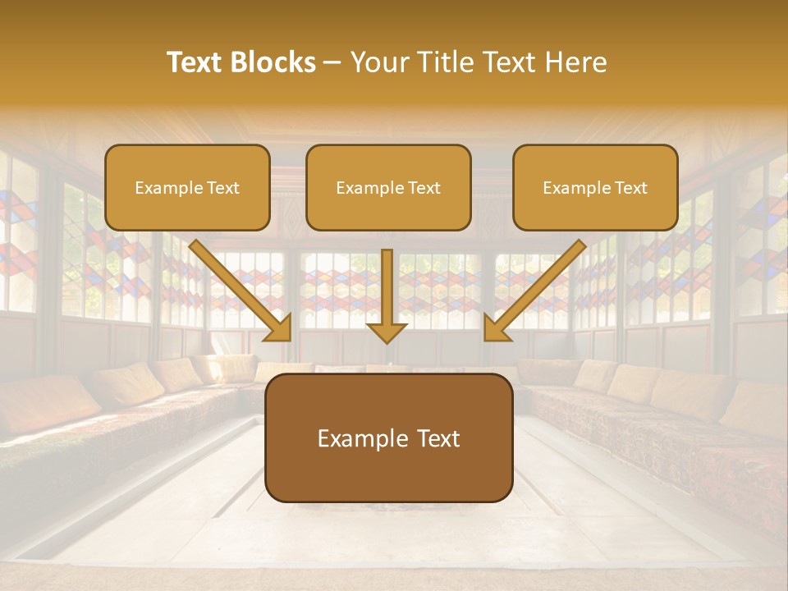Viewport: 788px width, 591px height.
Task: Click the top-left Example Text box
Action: tap(187, 187)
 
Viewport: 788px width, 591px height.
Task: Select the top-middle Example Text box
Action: tap(388, 187)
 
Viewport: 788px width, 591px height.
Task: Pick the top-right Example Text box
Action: tap(595, 187)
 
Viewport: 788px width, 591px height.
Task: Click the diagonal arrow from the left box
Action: tap(238, 287)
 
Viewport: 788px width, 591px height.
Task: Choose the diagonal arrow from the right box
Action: tap(538, 287)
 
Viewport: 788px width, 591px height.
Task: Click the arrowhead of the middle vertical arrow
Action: tap(387, 332)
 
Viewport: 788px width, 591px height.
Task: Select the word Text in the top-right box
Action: tap(631, 187)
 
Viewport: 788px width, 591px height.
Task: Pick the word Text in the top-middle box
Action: tap(424, 187)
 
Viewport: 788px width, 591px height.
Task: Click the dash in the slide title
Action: tap(333, 63)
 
